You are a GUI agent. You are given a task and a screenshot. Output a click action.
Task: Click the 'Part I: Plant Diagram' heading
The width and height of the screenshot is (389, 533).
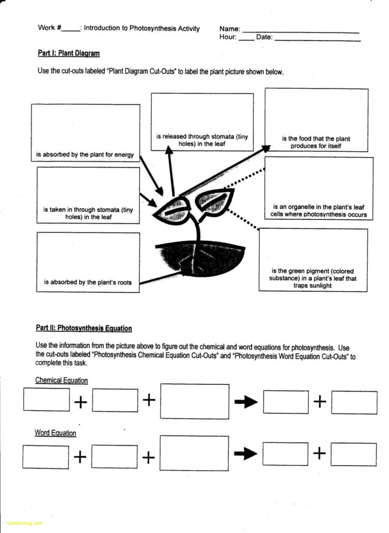pos(68,53)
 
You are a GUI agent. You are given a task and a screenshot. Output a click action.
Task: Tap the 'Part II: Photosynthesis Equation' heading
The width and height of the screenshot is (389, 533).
pos(84,328)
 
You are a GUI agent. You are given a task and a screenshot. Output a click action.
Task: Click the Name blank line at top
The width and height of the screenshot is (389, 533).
pos(300,30)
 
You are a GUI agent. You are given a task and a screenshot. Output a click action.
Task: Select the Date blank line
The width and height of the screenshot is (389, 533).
pos(317,38)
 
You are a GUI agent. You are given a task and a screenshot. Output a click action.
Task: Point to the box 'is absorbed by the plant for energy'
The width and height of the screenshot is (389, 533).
pos(85,133)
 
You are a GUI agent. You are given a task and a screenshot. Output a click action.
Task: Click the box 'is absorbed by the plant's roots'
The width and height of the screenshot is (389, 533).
pos(88,262)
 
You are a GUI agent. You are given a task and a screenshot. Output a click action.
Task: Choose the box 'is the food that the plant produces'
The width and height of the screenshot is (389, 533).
pos(316,120)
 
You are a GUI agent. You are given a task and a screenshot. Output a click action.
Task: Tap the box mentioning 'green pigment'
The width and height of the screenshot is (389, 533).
pos(313,260)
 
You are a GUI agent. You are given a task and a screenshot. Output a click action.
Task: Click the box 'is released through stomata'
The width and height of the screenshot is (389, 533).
pos(202,122)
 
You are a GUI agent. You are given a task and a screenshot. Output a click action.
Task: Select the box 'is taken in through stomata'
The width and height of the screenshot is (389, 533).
pos(88,195)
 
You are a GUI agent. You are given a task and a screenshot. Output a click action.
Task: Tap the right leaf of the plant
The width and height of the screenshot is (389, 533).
pos(214,201)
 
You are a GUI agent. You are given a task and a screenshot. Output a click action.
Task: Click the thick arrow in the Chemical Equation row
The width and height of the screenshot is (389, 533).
pos(246,402)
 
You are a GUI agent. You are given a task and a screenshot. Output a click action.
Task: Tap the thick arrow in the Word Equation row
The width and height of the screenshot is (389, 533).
pos(246,454)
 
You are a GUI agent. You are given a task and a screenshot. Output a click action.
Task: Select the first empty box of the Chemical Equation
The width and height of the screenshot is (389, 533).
pos(46,400)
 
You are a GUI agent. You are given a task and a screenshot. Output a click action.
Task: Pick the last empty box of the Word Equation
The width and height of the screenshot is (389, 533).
pos(353,454)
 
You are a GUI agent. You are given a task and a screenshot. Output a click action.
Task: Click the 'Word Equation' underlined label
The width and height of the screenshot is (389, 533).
pos(56,433)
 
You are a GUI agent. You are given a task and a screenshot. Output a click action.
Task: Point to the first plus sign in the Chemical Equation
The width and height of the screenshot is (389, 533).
pos(81,402)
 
